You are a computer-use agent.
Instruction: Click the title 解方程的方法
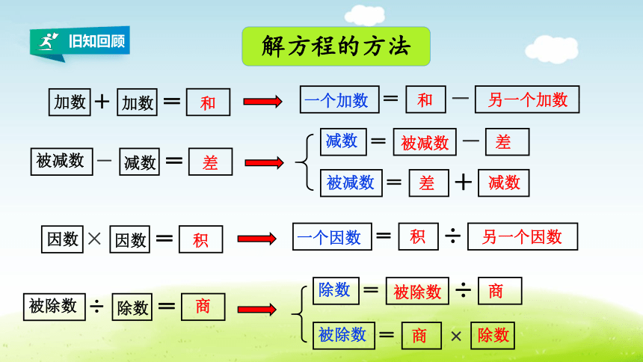336,46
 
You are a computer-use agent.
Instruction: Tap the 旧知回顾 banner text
96,41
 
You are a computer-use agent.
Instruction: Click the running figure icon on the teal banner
49,41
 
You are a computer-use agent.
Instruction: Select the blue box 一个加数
339,99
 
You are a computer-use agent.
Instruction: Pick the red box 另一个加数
527,99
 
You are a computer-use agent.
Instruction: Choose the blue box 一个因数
332,236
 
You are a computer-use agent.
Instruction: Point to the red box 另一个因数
523,236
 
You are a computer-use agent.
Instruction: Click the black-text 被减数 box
61,162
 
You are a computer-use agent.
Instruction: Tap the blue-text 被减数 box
351,183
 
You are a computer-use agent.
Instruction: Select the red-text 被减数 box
425,142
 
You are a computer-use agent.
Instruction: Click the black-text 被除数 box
54,307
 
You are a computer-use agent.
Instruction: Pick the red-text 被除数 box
417,291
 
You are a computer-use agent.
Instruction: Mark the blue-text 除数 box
336,291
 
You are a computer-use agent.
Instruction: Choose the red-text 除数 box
493,336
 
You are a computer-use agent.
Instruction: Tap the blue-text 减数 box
343,141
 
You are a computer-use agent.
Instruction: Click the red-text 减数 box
504,183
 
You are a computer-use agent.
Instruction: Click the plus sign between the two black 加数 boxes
102,102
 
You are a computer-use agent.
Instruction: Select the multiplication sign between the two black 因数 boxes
94,239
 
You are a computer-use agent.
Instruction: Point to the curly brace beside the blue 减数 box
304,162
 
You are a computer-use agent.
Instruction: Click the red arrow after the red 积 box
256,239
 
